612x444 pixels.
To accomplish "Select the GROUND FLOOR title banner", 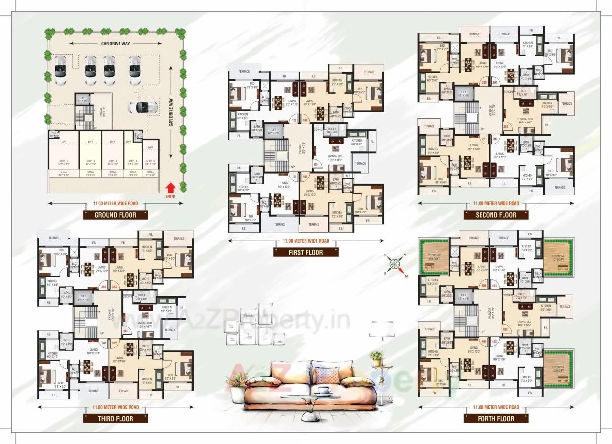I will [x=115, y=215].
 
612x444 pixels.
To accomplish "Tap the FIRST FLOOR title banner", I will [x=306, y=252].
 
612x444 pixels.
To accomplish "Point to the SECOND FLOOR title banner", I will [x=496, y=215].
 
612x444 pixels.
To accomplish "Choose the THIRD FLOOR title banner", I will [x=115, y=418].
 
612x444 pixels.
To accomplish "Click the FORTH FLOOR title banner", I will [x=496, y=418].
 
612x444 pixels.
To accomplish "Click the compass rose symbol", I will [x=394, y=264].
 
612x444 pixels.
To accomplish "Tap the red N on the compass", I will [x=406, y=276].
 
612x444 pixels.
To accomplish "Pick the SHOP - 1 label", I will [x=57, y=161].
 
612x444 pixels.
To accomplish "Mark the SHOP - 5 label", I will [x=150, y=161].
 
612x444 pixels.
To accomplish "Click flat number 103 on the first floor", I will [x=316, y=164].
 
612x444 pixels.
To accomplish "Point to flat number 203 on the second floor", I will [x=505, y=126].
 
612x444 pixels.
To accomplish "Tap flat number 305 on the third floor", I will [x=103, y=287].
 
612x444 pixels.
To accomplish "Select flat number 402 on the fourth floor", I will [x=494, y=341].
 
